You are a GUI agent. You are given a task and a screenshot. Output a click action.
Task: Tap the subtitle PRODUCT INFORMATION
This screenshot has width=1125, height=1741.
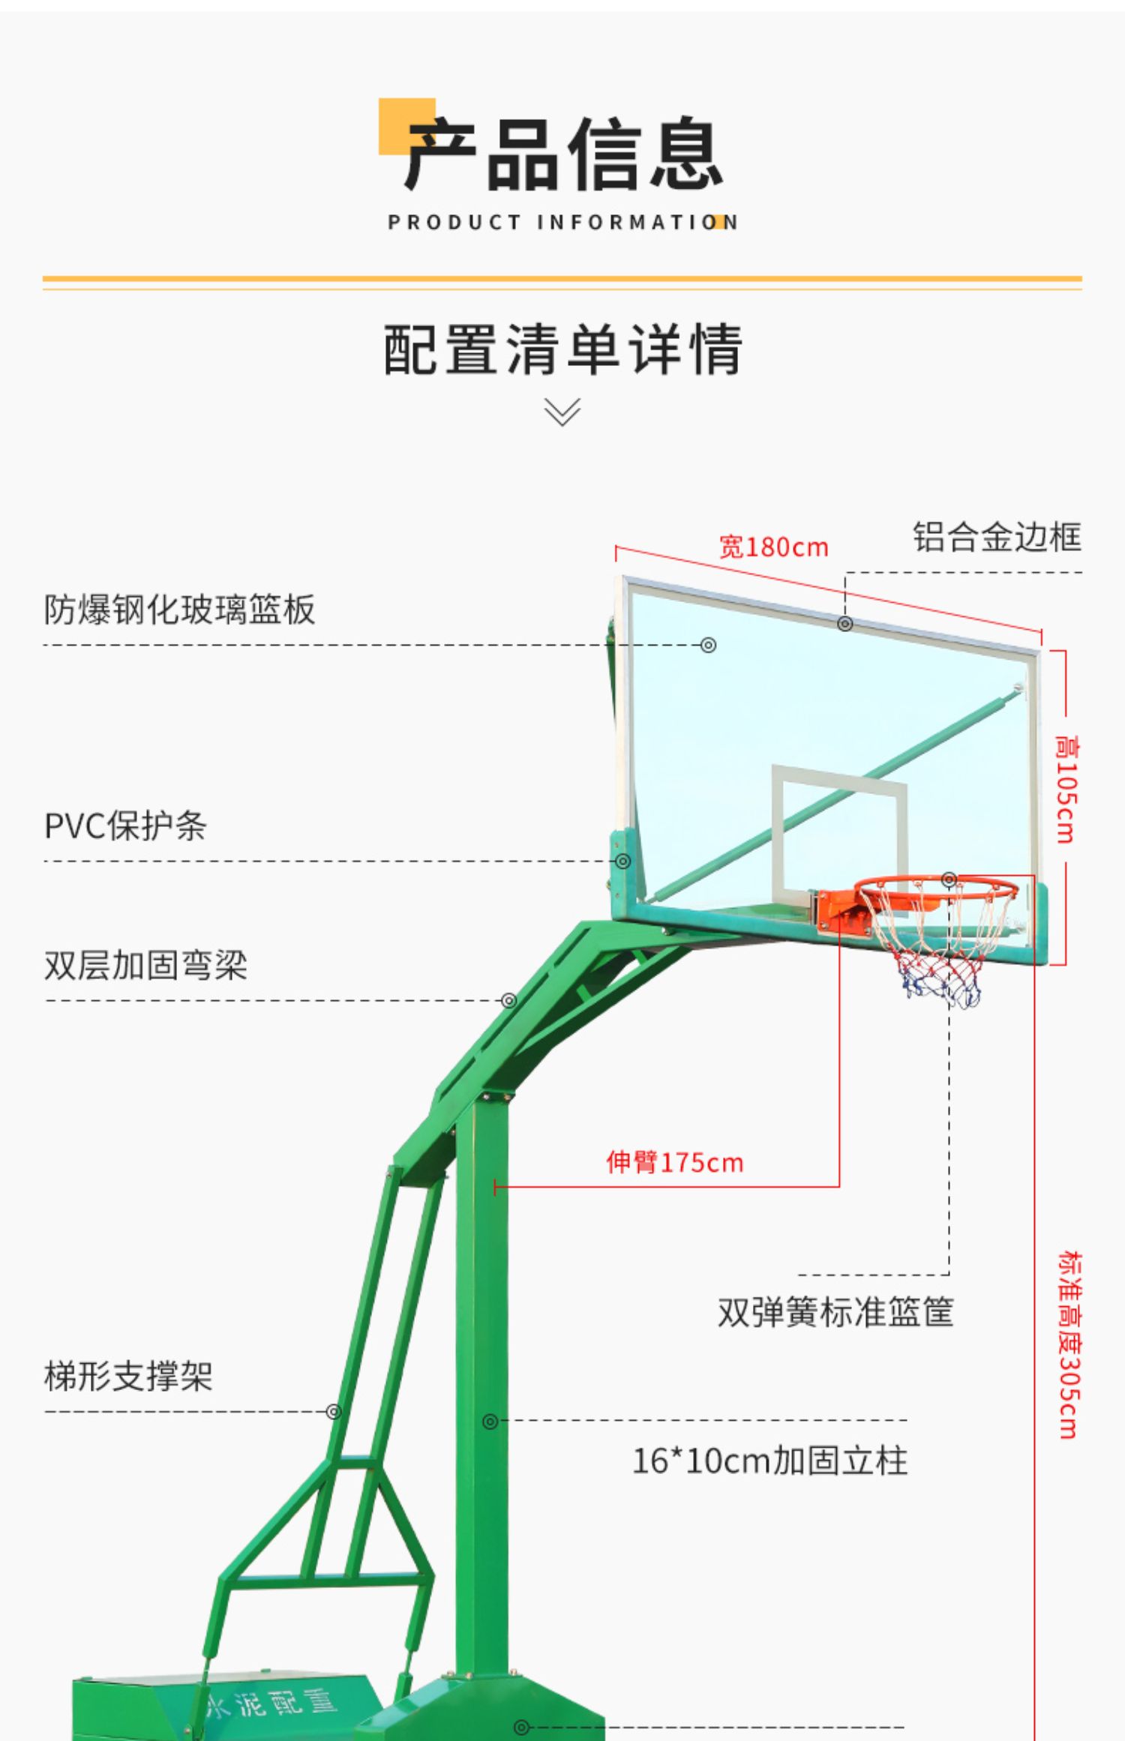coord(562,223)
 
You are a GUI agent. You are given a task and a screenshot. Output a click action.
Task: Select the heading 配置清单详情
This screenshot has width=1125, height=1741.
coord(562,349)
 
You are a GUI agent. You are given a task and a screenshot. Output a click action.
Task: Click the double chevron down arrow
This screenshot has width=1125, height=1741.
coord(562,412)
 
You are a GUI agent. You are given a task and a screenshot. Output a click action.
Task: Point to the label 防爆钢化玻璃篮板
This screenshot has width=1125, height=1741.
coord(179,610)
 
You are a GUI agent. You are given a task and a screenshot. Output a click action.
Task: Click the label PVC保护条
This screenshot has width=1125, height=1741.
coord(125,826)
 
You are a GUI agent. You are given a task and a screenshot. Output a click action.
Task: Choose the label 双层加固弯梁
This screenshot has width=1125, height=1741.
coord(145,966)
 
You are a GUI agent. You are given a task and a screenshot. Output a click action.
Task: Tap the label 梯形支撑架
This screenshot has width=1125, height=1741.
coord(128,1377)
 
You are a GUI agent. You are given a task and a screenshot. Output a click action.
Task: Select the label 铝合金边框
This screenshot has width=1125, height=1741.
coord(997,538)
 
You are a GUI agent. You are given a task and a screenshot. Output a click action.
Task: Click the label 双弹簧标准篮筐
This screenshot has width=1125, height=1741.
coord(835,1313)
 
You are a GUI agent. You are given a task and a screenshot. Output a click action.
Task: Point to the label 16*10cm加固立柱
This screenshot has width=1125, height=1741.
coord(769,1461)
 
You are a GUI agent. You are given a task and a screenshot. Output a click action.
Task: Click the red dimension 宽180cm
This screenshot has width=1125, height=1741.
coord(773,547)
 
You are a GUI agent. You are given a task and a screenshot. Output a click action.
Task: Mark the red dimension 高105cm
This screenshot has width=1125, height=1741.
coord(1065,789)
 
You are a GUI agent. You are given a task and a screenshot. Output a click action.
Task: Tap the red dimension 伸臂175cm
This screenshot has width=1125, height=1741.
coord(674,1163)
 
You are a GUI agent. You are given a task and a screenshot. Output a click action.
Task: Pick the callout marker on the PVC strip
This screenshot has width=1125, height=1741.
coord(622,862)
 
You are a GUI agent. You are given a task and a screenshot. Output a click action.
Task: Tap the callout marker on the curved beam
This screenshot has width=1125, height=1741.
coord(509,1001)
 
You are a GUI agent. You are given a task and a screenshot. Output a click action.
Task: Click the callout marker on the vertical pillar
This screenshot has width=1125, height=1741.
coord(490,1422)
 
